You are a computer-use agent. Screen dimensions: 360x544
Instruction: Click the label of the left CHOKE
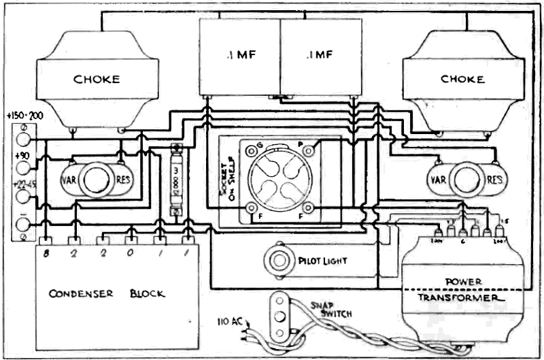pyautogui.click(x=96, y=79)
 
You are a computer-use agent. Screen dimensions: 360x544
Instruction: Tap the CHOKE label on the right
pyautogui.click(x=462, y=79)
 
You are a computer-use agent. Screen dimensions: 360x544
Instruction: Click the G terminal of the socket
pyautogui.click(x=252, y=150)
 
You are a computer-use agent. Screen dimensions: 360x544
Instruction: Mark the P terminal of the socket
pyautogui.click(x=309, y=150)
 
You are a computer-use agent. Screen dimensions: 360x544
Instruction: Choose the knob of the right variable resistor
pyautogui.click(x=466, y=180)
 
